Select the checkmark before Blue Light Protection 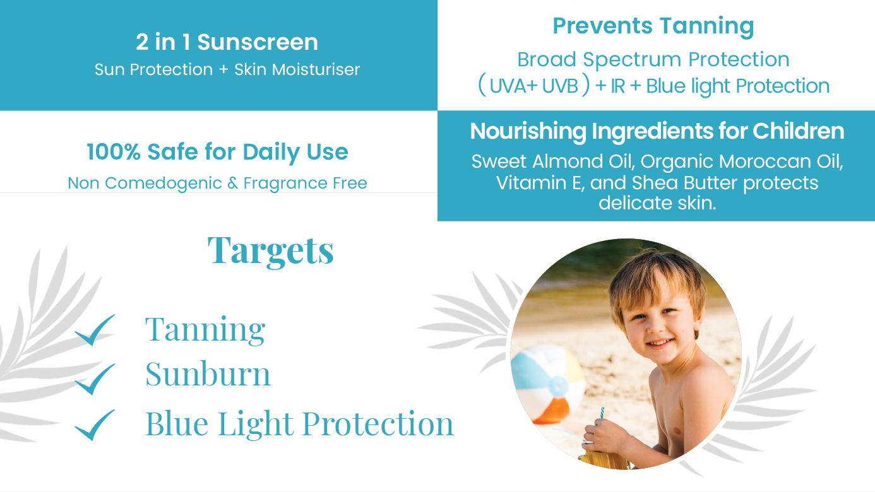[94, 426]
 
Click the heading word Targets [270, 251]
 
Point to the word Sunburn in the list [208, 374]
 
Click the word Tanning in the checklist [205, 330]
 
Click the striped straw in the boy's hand [602, 413]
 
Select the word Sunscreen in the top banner [258, 42]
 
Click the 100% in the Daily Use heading [113, 151]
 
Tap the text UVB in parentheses [560, 86]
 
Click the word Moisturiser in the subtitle [316, 69]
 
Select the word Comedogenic [164, 184]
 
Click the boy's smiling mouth [659, 343]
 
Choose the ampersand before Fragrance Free [232, 184]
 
